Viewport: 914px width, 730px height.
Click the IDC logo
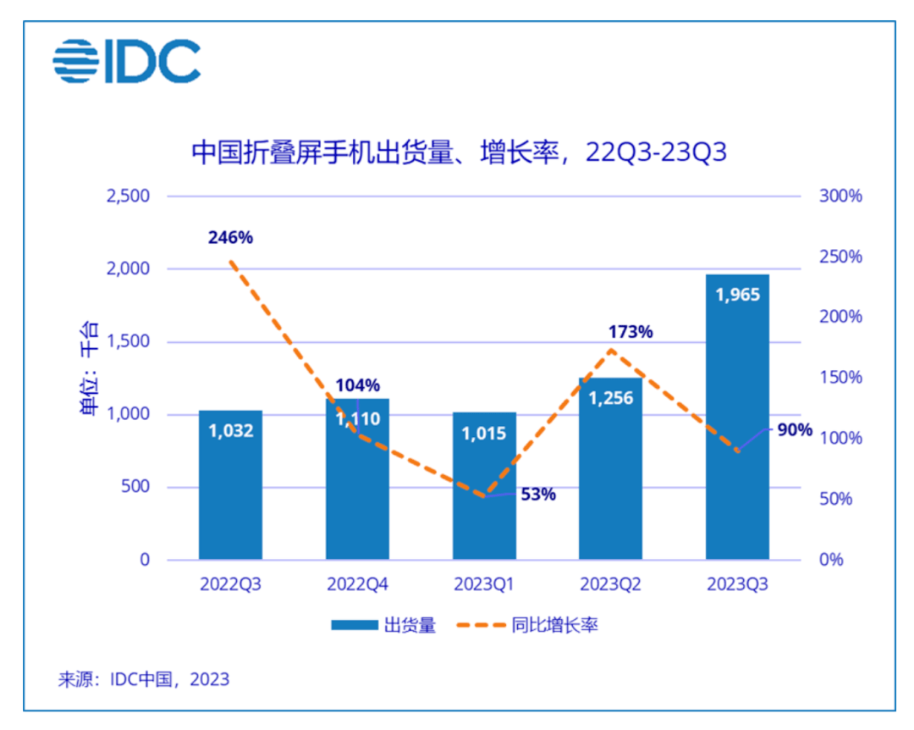coord(127,61)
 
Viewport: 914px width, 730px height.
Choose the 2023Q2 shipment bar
coord(611,474)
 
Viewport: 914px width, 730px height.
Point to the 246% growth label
coord(230,238)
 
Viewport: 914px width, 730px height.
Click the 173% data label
coord(630,332)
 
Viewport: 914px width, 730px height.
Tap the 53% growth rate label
coord(538,495)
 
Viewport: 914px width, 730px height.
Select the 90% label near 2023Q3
coord(794,430)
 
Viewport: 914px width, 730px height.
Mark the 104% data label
coord(357,385)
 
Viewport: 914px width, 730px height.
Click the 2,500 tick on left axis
coord(127,196)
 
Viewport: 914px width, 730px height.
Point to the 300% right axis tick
coord(840,196)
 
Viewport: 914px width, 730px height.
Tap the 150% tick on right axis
coord(840,378)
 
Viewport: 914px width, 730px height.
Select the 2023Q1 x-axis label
coord(484,584)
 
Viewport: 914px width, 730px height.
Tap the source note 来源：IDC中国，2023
coord(144,679)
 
